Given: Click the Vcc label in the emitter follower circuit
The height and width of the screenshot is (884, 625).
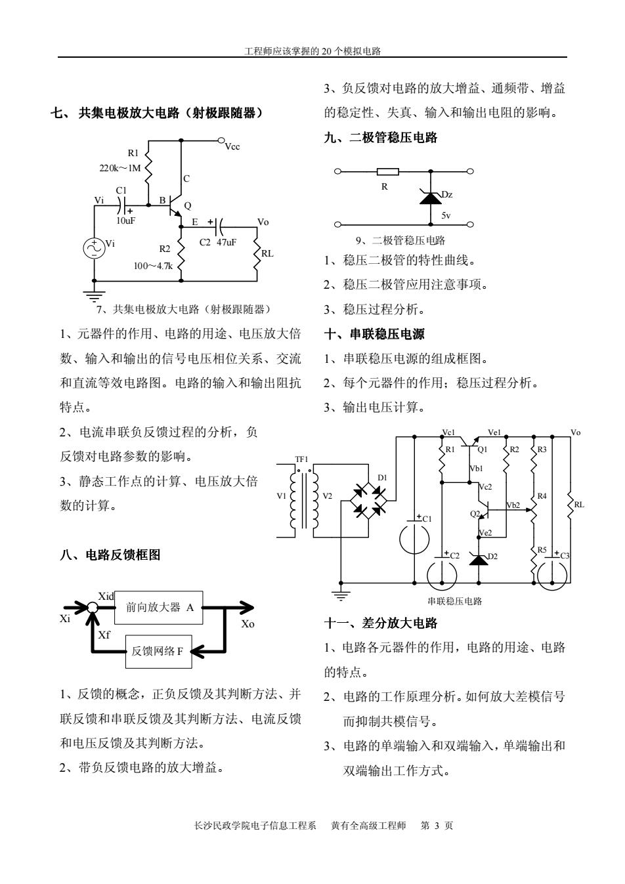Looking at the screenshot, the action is (x=232, y=147).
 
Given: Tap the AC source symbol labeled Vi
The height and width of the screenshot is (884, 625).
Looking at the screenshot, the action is (x=94, y=248).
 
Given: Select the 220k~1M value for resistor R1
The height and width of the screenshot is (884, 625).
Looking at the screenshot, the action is (x=120, y=169).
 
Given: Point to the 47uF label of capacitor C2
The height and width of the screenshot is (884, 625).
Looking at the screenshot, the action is (x=226, y=242).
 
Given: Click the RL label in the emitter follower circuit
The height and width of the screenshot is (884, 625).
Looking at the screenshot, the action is (x=267, y=253).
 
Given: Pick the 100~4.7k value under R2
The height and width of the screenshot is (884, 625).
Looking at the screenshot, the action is (x=153, y=266).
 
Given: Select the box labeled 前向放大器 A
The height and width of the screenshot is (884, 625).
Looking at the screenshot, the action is (x=159, y=608).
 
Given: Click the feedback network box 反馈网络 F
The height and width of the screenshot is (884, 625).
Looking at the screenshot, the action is (x=159, y=652).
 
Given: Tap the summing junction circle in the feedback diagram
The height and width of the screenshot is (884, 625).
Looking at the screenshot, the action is (x=92, y=608).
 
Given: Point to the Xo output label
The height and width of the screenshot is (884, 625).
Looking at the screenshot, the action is (x=248, y=624).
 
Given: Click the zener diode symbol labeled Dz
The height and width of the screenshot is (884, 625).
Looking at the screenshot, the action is (x=431, y=198).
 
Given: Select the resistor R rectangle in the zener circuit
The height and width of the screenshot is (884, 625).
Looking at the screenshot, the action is (x=388, y=172).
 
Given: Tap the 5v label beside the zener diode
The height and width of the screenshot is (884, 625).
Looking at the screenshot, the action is (x=446, y=215).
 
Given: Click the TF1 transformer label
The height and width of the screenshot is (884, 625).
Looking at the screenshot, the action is (x=301, y=459).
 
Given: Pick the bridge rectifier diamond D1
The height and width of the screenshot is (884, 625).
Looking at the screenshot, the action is (x=368, y=501).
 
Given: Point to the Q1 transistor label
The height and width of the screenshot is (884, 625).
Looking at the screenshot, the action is (x=483, y=450).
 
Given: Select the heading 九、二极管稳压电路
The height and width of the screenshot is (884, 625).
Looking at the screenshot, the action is (x=381, y=138).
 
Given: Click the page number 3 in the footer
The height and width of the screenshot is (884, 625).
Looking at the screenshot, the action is (x=437, y=826).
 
